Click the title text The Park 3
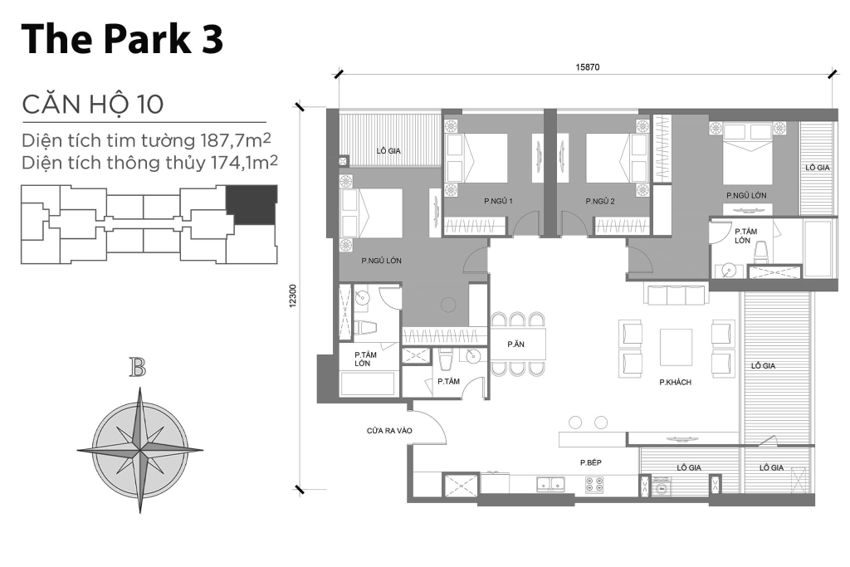click(122, 39)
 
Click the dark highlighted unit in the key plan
click(252, 204)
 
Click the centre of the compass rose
click(139, 449)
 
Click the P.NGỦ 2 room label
click(599, 201)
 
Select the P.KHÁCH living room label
click(676, 383)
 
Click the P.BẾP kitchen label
click(591, 462)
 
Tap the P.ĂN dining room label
click(515, 344)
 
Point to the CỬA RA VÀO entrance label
click(389, 431)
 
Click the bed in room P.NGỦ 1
click(477, 158)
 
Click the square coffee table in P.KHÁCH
click(676, 347)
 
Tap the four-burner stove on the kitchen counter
click(594, 485)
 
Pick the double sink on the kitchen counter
click(549, 484)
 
